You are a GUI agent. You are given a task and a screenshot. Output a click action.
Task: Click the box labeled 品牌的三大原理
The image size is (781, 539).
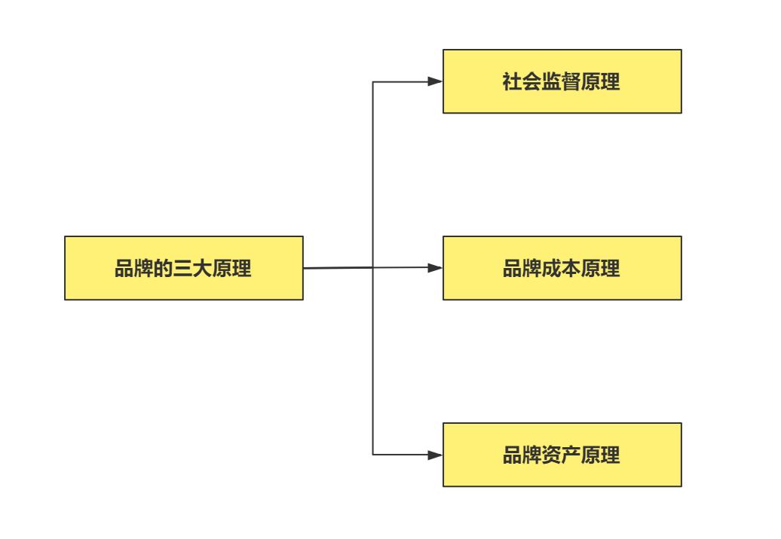click(x=183, y=268)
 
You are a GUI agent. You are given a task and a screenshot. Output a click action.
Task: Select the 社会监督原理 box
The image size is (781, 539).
click(x=562, y=81)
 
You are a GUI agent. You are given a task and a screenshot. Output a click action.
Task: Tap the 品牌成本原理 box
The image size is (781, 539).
click(x=562, y=268)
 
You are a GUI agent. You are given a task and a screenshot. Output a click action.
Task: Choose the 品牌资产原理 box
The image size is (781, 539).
click(x=562, y=455)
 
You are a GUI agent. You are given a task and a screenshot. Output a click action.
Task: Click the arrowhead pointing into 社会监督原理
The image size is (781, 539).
click(x=435, y=81)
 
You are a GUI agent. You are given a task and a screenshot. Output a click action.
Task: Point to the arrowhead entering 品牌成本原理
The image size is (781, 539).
click(x=435, y=267)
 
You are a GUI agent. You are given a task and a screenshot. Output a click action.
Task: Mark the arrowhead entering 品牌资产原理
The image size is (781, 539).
click(x=435, y=455)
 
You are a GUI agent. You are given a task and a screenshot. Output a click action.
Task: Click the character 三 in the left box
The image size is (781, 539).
click(x=183, y=269)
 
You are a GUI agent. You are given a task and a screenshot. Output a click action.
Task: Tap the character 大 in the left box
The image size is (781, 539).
click(x=203, y=269)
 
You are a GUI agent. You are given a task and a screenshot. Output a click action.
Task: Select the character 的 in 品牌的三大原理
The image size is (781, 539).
click(x=164, y=269)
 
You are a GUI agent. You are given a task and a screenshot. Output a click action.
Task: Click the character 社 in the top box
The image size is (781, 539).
click(x=513, y=82)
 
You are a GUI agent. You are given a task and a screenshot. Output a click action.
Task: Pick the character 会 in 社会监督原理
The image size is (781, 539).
click(x=532, y=82)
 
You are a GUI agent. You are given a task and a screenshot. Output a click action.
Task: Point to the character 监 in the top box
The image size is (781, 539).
click(x=552, y=82)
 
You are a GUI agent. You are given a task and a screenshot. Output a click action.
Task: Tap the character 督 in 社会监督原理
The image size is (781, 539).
click(x=571, y=82)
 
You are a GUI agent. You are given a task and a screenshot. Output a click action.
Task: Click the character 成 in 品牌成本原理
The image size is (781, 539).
click(x=552, y=269)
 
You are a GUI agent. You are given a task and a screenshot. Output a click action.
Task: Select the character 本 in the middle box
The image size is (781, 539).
click(x=571, y=269)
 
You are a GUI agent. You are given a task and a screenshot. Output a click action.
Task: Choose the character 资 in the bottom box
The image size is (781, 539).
click(x=552, y=455)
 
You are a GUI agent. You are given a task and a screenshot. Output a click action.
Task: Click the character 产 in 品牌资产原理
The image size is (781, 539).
click(x=571, y=455)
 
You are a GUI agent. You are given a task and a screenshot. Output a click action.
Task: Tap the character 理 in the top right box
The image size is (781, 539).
click(x=611, y=82)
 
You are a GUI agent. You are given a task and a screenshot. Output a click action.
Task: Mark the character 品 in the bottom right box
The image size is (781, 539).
click(x=513, y=455)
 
